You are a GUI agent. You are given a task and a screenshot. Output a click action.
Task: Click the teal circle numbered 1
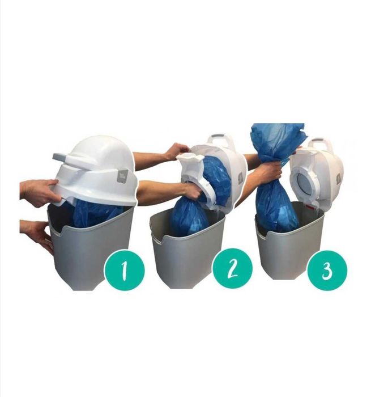125,270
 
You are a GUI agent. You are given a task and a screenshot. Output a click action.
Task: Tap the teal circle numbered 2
232,269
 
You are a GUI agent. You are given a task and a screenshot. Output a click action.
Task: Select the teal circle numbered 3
327,271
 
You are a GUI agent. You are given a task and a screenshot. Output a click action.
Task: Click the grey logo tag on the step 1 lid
123,175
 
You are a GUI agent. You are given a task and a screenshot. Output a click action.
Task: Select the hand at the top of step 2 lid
177,151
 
